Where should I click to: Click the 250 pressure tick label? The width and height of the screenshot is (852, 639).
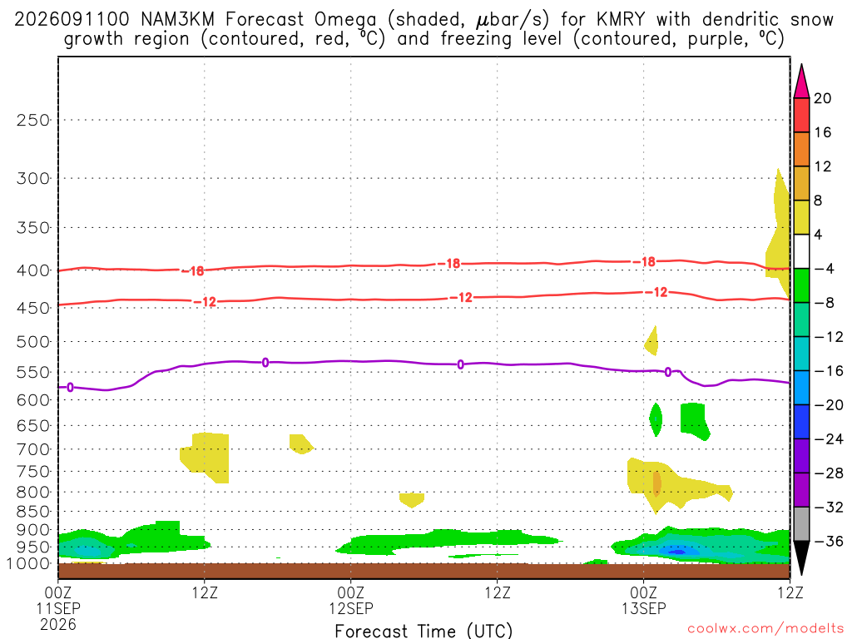coord(32,120)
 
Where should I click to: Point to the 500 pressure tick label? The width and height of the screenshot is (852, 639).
coord(32,342)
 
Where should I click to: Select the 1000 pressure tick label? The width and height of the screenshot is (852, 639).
coord(28,564)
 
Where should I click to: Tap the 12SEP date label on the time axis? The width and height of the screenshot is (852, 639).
coord(350,608)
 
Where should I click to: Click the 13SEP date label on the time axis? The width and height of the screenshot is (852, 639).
coord(644,608)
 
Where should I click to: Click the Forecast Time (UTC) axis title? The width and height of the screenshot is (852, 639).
coord(424,631)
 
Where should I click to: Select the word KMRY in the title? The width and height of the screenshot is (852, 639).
coord(621,20)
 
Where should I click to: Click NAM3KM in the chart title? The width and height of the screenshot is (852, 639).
coord(178,20)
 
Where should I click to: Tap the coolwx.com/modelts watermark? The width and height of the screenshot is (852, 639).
coord(765,629)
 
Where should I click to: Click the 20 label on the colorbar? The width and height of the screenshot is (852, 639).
coord(823,98)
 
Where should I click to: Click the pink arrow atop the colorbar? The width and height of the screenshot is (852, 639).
coord(801,82)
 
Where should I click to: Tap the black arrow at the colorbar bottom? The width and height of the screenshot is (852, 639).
coord(801,557)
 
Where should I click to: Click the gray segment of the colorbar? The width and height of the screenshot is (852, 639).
coord(801,524)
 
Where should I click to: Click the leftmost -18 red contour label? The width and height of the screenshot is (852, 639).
coord(193,270)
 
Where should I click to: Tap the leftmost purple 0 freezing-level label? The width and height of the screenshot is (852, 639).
coord(70,388)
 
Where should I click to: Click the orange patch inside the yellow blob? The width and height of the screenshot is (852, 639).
coord(657,483)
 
